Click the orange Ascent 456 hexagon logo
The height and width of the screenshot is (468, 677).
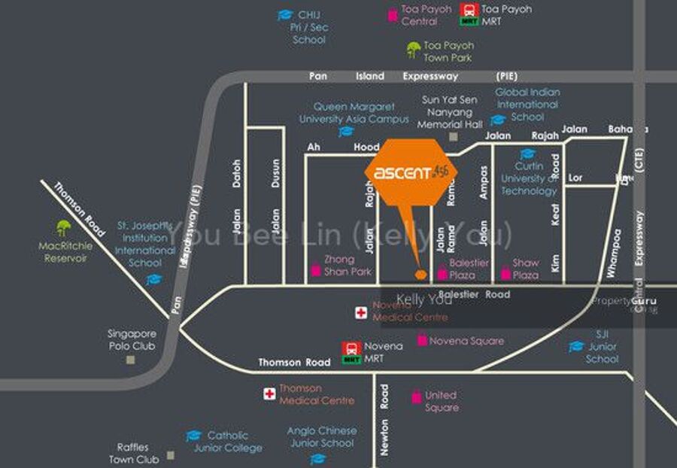click(411, 172)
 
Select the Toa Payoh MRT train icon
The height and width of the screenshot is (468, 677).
click(469, 14)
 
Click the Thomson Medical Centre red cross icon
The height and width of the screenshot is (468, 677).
click(269, 394)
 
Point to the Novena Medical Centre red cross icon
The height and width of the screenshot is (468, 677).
click(362, 312)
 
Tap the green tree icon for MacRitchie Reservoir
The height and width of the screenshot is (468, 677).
click(63, 226)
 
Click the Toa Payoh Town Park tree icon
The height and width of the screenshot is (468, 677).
click(413, 50)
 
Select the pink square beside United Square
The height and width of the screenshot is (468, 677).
click(416, 396)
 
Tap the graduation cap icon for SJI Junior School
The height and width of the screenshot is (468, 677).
click(576, 346)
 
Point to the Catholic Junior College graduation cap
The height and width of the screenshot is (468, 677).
click(193, 436)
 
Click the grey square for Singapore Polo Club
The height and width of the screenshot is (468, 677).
click(131, 360)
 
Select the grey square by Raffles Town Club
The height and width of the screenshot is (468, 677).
click(172, 454)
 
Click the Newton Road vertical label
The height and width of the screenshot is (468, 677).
click(384, 421)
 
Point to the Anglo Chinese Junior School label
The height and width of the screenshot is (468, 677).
click(321, 437)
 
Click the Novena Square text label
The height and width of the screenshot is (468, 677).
click(466, 341)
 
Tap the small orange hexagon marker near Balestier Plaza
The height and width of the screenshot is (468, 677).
click(421, 274)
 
